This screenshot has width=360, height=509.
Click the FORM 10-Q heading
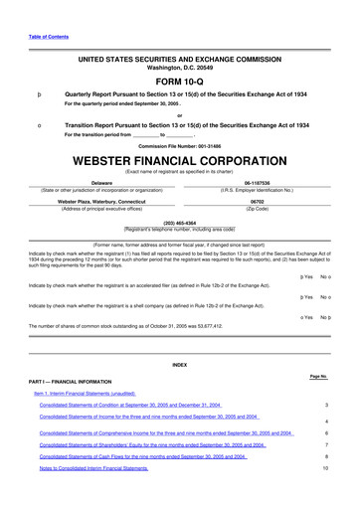coord(179,81)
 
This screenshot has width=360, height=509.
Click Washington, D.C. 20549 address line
coord(179,67)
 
